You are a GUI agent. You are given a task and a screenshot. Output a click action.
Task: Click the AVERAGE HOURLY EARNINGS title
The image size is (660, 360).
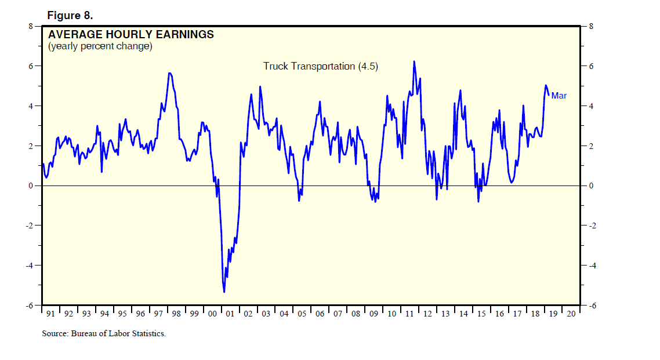pos(131,35)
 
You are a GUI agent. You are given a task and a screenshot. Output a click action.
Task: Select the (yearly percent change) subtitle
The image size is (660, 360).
pos(100,46)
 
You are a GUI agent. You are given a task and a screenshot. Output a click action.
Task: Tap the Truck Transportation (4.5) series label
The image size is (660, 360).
pos(321,66)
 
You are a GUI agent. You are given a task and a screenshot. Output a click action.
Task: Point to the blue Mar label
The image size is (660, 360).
pos(559,96)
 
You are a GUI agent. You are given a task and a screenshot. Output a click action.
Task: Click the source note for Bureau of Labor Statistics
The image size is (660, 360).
pos(104,333)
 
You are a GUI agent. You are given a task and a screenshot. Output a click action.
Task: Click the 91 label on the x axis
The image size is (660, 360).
pos(50,314)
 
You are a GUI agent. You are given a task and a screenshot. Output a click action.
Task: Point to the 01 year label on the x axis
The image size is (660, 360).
pos(230,314)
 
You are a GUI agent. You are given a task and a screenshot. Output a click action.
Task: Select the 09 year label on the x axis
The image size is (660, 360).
pos(373,314)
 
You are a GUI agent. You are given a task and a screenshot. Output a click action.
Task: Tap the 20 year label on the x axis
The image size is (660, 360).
pos(571,314)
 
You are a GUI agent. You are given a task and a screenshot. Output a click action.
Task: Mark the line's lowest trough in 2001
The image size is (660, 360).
pos(224,292)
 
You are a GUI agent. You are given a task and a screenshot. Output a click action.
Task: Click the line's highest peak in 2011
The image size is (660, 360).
pos(414,61)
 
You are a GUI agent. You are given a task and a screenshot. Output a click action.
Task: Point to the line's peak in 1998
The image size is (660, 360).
pos(169,73)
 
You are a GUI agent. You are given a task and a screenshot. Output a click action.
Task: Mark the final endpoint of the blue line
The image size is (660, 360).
pos(549,96)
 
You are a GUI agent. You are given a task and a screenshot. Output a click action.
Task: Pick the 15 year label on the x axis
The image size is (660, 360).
pos(481,314)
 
